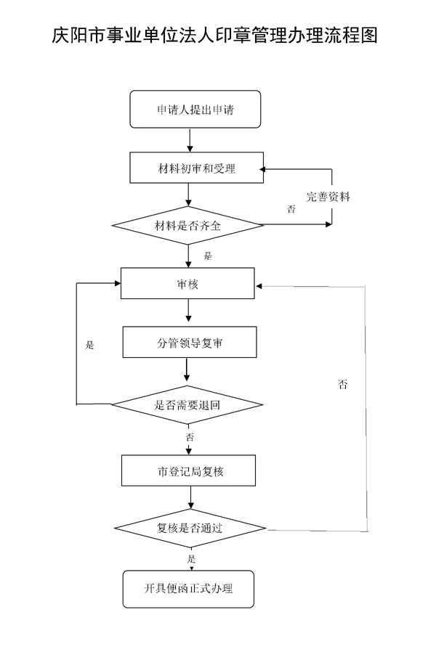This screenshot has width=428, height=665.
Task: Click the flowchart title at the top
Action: pos(214,35)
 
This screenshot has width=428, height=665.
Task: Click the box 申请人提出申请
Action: pos(195,109)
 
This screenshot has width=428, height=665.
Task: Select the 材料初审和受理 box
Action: pos(197,168)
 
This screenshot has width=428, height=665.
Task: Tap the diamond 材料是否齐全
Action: pos(187,225)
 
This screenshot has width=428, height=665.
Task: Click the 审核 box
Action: pos(187,283)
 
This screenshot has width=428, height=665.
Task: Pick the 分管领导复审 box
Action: pos(190,342)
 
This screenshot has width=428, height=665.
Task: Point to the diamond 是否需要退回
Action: pos(187,404)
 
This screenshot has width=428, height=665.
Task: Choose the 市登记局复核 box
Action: pos(188,470)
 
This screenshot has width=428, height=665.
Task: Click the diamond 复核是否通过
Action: pos(190,528)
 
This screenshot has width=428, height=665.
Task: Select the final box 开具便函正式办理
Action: pos(188,589)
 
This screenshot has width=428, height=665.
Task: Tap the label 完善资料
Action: pos(328,196)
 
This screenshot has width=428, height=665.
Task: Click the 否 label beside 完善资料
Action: pos(291,208)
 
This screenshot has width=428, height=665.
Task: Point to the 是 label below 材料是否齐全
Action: pos(208,256)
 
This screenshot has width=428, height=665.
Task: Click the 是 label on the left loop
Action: pos(89,345)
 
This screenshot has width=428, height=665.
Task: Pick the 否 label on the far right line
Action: pos(343,384)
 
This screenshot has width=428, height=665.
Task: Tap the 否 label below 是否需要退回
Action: pos(190,437)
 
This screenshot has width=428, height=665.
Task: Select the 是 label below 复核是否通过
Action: pos(192,558)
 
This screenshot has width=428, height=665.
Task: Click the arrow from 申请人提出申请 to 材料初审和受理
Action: pos(190,140)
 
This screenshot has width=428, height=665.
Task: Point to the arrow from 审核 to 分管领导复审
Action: pos(188,313)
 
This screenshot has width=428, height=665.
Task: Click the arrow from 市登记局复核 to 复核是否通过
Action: pos(190,497)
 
